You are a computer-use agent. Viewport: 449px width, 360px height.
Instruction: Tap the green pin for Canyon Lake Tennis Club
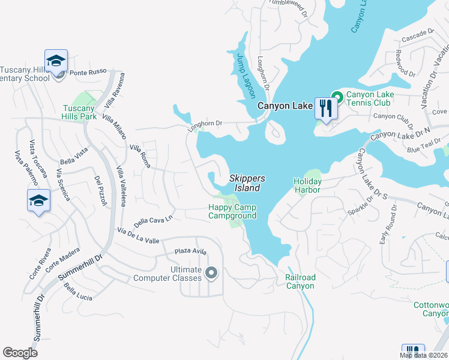[x=337, y=96]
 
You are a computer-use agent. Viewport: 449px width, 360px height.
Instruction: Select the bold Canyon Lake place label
[x=285, y=106]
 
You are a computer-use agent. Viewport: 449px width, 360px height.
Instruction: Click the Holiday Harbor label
[x=307, y=185]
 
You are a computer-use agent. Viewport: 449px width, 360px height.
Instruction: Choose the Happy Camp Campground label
[x=232, y=212]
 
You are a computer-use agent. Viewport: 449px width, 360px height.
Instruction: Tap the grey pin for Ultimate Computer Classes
[x=211, y=274]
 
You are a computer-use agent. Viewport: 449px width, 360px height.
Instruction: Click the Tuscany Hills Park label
[x=80, y=112]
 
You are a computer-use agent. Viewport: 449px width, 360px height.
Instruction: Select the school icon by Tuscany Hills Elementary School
[x=56, y=62]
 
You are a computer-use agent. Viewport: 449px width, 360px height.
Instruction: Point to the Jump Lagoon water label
[x=247, y=76]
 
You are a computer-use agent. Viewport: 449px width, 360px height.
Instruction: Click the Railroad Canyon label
[x=300, y=281]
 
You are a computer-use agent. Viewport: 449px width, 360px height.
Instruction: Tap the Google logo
[x=20, y=353]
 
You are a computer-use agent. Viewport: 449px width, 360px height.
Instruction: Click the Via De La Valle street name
[x=139, y=236]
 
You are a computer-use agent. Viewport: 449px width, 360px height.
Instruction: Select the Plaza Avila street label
[x=190, y=251]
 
